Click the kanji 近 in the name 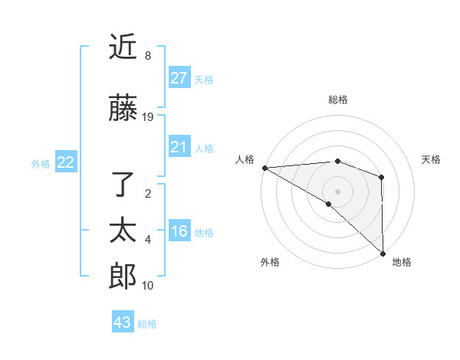[x=123, y=48]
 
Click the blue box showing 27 [x=179, y=78]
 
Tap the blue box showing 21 [x=179, y=147]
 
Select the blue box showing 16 [x=179, y=231]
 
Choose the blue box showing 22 [x=66, y=162]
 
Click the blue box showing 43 [x=123, y=322]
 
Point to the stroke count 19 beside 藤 [x=148, y=117]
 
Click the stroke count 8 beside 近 [x=147, y=56]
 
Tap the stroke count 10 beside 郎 [x=148, y=286]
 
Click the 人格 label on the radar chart [x=245, y=159]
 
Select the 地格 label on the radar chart [x=402, y=262]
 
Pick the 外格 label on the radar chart [x=270, y=262]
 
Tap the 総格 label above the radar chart [x=337, y=100]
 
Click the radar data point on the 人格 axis [x=264, y=168]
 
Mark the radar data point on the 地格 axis [x=382, y=254]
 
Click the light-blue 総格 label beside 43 [x=147, y=324]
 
